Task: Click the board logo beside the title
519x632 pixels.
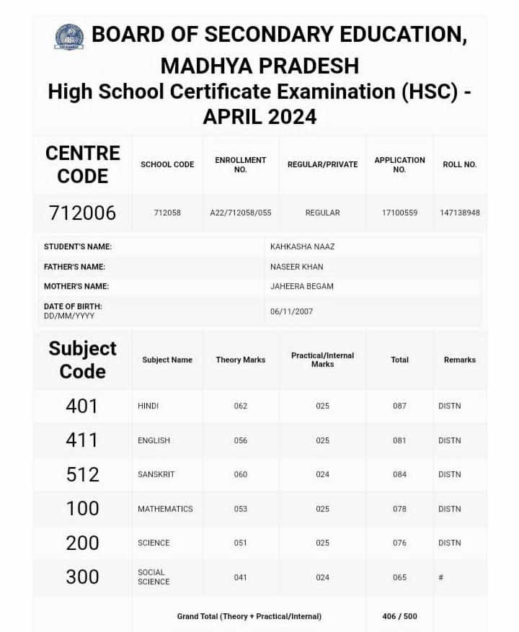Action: pos(69,37)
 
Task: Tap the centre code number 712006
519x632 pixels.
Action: pos(82,213)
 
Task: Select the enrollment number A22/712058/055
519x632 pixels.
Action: pos(241,213)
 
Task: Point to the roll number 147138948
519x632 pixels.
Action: pos(460,213)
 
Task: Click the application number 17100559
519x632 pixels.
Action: pos(399,213)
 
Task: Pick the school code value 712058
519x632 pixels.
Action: pos(167,213)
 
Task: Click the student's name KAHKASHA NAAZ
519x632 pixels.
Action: pos(302,246)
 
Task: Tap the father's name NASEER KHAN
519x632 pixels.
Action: pos(296,267)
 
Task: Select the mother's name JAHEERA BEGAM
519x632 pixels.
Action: pos(301,286)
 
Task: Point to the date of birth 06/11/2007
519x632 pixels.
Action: pos(291,311)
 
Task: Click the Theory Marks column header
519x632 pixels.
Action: pos(241,360)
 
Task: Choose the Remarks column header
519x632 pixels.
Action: pos(460,360)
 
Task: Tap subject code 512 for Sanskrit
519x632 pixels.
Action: pos(82,474)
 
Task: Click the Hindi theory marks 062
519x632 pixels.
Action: pos(241,406)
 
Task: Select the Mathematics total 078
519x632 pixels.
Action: pos(399,509)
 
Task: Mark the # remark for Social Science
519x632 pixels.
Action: pos(440,577)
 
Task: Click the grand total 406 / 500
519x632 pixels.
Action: pos(399,616)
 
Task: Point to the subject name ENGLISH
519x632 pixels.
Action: pos(154,440)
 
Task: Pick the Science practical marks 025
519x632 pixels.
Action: pos(322,543)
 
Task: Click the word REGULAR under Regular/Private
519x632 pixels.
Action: pos(322,213)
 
